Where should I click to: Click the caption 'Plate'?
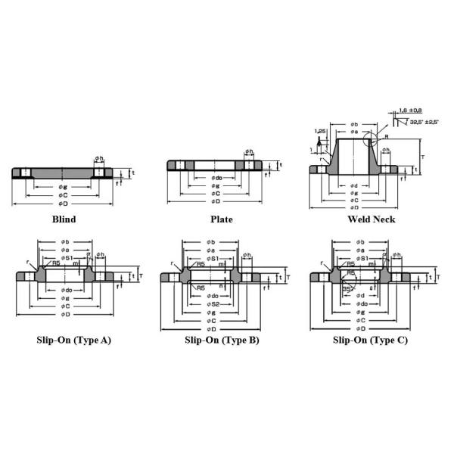point(221,219)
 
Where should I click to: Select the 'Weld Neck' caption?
point(371,219)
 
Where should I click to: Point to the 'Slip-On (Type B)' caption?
point(222,340)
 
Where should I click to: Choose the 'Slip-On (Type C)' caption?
point(370,340)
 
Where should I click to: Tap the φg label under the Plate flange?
point(216,185)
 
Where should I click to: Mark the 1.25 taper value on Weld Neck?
point(320,131)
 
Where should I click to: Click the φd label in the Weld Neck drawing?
point(353,185)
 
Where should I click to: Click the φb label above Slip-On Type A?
point(65,242)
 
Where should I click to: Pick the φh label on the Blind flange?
point(99,158)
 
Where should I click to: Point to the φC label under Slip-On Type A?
point(67,306)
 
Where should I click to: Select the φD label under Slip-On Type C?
point(362,328)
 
